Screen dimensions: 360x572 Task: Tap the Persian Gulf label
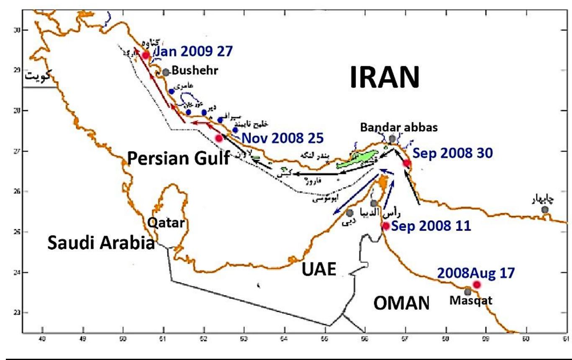pyautogui.click(x=178, y=158)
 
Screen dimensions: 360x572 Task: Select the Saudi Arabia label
pyautogui.click(x=100, y=242)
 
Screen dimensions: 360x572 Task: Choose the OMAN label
pyautogui.click(x=401, y=302)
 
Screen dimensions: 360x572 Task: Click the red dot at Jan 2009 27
pyautogui.click(x=146, y=55)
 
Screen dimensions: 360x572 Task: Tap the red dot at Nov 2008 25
pyautogui.click(x=219, y=138)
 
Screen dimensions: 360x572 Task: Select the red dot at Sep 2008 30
pyautogui.click(x=406, y=163)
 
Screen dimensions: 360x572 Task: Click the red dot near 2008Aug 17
pyautogui.click(x=476, y=285)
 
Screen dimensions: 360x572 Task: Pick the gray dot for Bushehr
pyautogui.click(x=166, y=72)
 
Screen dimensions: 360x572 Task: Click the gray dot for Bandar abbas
pyautogui.click(x=392, y=139)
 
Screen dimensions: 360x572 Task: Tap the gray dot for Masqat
pyautogui.click(x=468, y=292)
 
